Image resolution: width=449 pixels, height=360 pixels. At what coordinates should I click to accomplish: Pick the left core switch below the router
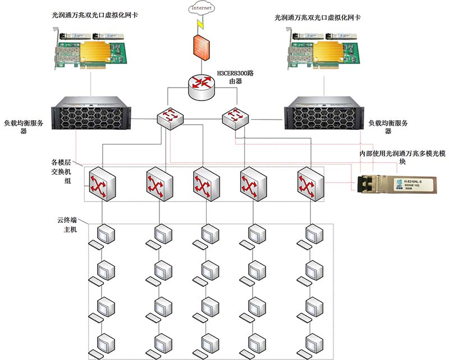click(x=171, y=117)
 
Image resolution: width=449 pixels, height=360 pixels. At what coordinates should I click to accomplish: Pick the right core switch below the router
click(x=235, y=117)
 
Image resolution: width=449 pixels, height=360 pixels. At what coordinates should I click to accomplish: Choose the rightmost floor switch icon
click(x=310, y=183)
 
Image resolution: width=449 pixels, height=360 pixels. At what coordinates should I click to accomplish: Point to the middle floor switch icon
click(x=205, y=183)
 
